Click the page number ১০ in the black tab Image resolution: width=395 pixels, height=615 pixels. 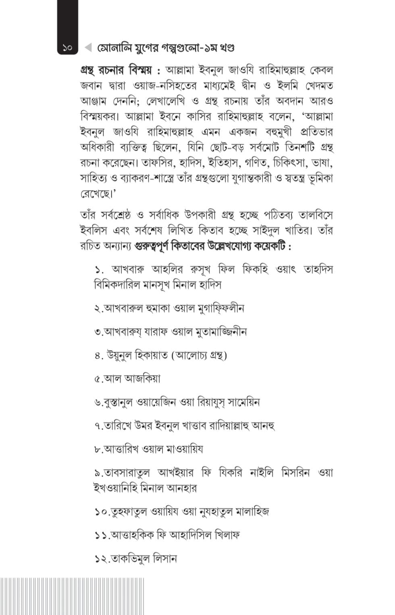pos(67,48)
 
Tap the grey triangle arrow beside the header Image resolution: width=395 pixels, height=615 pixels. pos(88,48)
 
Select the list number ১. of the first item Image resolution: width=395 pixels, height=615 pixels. pos(99,269)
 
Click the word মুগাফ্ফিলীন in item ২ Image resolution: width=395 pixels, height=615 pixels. pos(220,308)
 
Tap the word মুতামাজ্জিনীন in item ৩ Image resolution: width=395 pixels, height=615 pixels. pos(221,332)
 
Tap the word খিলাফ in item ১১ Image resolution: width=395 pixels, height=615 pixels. pos(227,535)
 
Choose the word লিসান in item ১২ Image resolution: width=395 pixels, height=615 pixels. pos(165,559)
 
